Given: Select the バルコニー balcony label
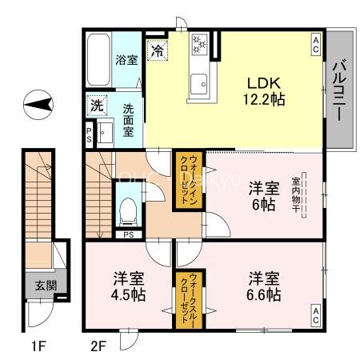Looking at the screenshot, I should pyautogui.click(x=339, y=90).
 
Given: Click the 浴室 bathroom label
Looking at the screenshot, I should pyautogui.click(x=126, y=59).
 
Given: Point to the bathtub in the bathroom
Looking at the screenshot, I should pyautogui.click(x=98, y=61).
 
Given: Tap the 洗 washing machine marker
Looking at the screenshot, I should pyautogui.click(x=97, y=105).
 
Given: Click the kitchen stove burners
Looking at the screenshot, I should pyautogui.click(x=198, y=46).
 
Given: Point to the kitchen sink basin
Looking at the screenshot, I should pyautogui.click(x=198, y=81).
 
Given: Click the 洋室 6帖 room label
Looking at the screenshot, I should pyautogui.click(x=263, y=197).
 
